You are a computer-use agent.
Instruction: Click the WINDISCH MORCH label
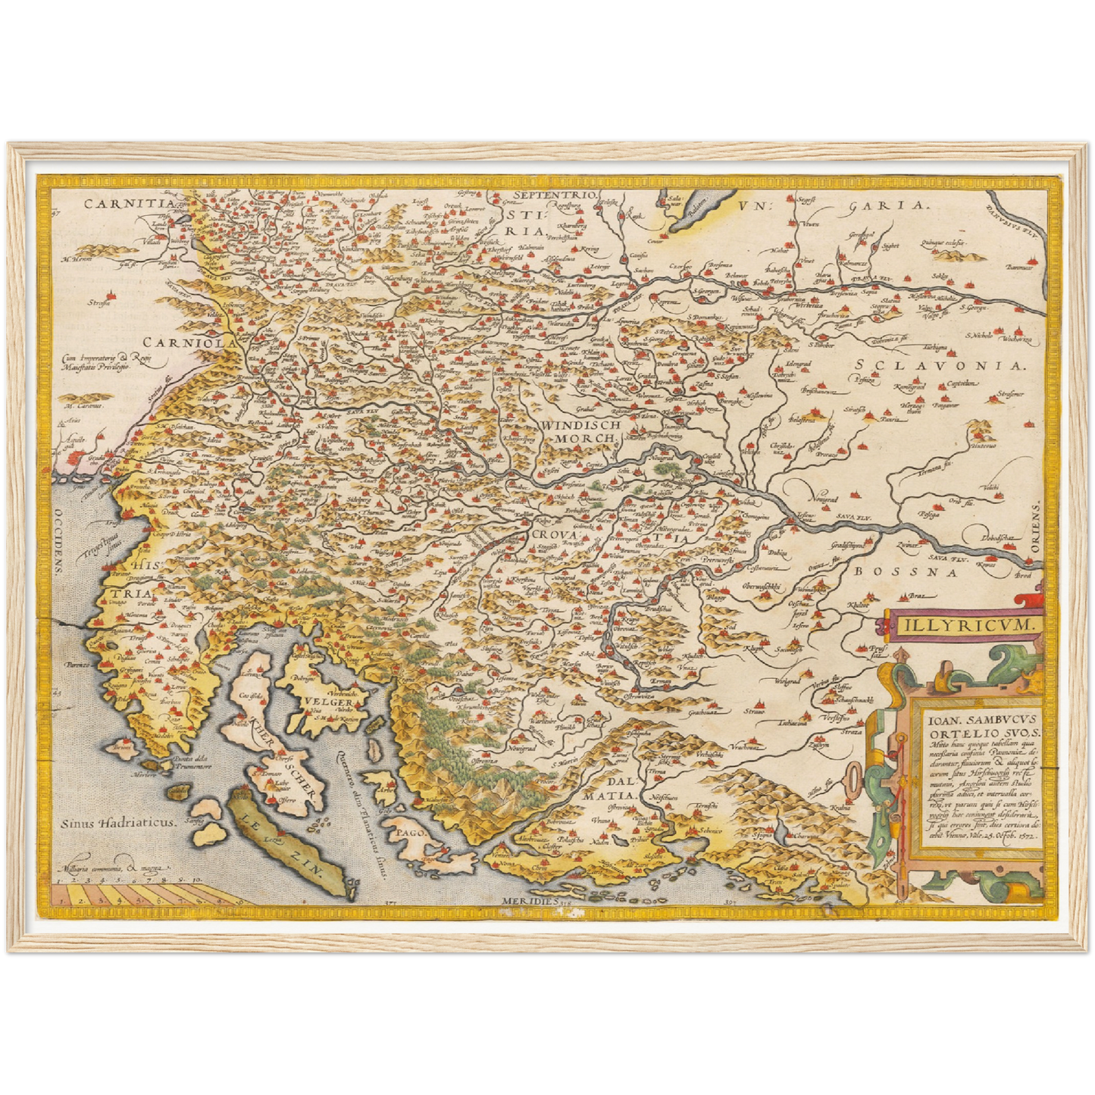pyautogui.click(x=581, y=431)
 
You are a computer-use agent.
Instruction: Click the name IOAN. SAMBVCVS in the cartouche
pyautogui.click(x=975, y=721)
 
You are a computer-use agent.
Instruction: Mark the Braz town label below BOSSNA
pyautogui.click(x=918, y=596)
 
